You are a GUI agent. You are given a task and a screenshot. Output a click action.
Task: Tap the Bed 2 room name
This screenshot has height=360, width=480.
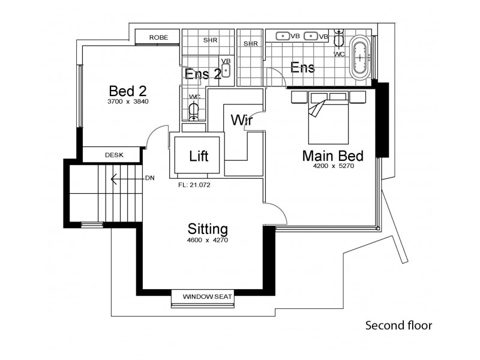click(128, 91)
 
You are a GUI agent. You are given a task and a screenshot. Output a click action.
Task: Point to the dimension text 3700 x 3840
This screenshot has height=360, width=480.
click(128, 102)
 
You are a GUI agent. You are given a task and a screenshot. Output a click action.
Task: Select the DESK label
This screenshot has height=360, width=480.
click(114, 155)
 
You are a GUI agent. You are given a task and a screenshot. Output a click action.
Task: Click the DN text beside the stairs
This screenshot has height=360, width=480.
click(149, 178)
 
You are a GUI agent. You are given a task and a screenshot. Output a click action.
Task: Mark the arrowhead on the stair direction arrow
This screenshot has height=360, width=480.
click(112, 178)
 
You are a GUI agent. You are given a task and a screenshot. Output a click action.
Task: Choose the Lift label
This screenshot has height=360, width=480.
click(198, 157)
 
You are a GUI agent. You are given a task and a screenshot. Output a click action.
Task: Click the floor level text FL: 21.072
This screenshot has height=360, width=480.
click(194, 185)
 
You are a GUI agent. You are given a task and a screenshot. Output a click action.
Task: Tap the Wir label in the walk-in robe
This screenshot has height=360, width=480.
click(240, 121)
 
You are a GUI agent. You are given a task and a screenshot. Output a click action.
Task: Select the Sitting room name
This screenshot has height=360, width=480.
click(208, 229)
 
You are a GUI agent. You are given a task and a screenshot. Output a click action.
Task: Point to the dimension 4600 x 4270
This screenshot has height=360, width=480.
click(208, 240)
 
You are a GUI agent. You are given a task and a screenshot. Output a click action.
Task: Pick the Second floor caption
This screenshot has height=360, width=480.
click(398, 326)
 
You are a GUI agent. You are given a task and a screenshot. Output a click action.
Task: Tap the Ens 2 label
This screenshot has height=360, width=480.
click(203, 74)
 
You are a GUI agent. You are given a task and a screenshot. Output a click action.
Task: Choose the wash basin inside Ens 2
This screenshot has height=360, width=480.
click(226, 71)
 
